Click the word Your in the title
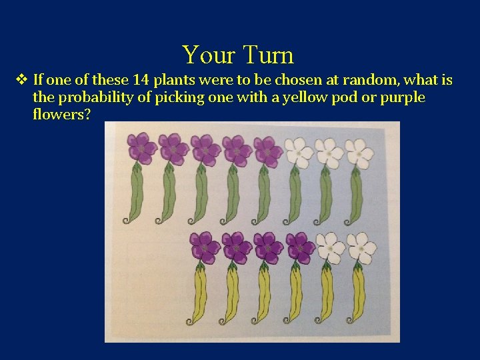pos(209,55)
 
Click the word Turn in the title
pos(269,55)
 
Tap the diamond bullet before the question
pos(21,81)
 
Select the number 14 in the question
pos(141,81)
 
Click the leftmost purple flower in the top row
pos(141,148)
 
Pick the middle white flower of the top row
pos(329,153)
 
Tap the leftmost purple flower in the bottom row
pos(204,247)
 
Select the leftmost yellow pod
pos(199,293)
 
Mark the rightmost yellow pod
pos(359,293)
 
